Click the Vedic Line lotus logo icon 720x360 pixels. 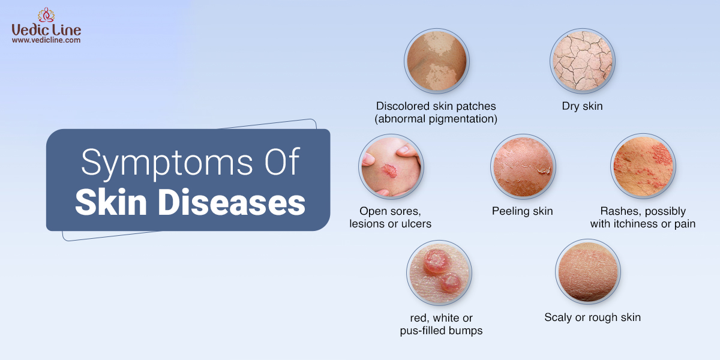pos(46,15)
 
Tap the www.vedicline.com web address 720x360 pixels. pos(46,40)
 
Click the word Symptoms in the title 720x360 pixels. pos(167,163)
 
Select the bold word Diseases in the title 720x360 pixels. pos(232,202)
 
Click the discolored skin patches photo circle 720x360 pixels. pos(437,61)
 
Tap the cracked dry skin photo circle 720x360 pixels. pos(583,61)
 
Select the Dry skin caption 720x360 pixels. pos(582,106)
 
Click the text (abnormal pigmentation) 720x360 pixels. pos(436,119)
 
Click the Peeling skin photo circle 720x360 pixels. pos(523,167)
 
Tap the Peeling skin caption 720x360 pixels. pos(523,211)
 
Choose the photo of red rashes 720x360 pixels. pos(643,166)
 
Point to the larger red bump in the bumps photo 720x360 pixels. pos(436,262)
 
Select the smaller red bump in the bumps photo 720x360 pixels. pos(451,283)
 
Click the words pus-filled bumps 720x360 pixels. pos(441,331)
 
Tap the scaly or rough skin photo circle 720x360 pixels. pos(588,272)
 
